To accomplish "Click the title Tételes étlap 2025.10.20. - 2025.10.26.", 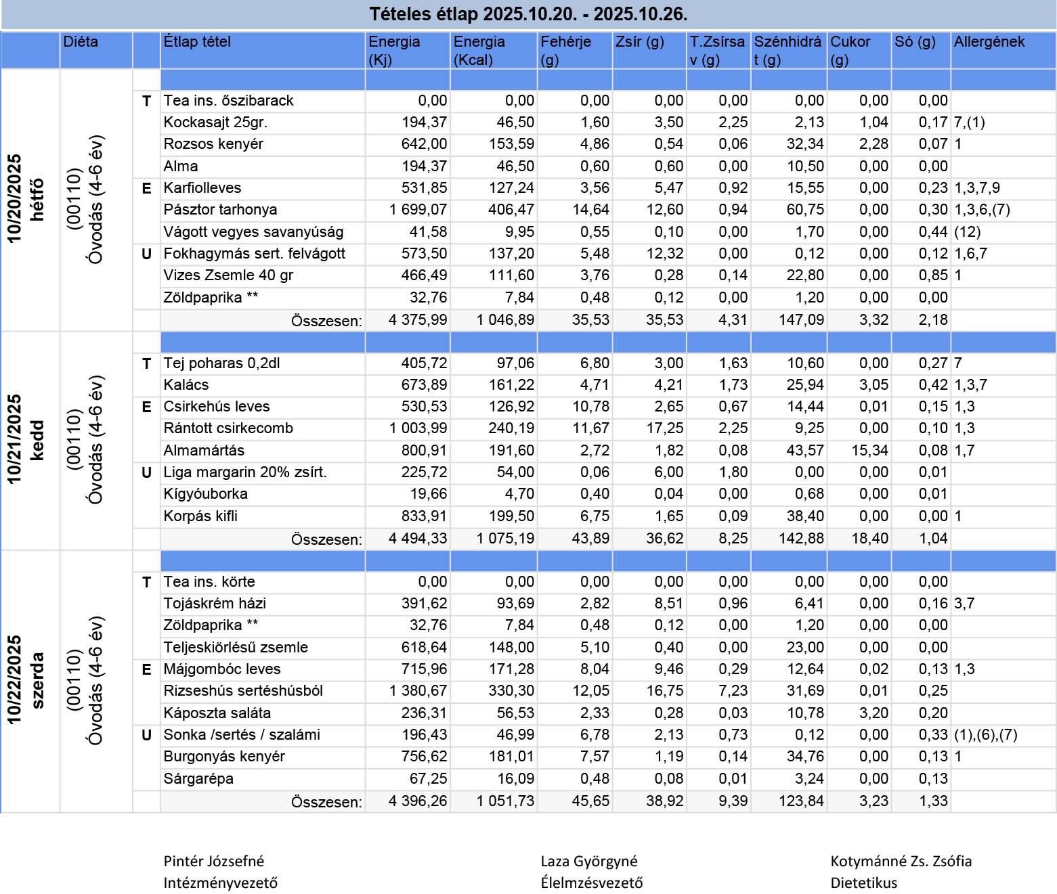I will [528, 14].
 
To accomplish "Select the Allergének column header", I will [989, 42].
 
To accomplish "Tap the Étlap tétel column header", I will [197, 42].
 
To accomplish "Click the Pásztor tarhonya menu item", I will [220, 210].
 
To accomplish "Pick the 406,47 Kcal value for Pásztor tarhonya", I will [511, 210].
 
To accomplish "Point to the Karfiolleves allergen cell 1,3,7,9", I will [976, 188].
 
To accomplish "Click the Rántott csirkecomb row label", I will [228, 428].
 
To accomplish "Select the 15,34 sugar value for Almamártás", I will [869, 451].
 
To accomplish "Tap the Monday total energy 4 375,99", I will [418, 320].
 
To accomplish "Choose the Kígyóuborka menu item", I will [205, 494].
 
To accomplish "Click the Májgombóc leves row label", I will [221, 669].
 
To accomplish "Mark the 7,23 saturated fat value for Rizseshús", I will [733, 691].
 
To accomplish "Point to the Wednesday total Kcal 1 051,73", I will [505, 801].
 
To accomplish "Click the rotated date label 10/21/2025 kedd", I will [25, 440].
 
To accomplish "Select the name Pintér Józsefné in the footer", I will [214, 862].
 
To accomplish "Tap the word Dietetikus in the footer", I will [863, 883].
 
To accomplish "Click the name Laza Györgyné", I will [588, 862].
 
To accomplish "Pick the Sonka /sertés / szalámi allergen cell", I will [985, 735].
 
